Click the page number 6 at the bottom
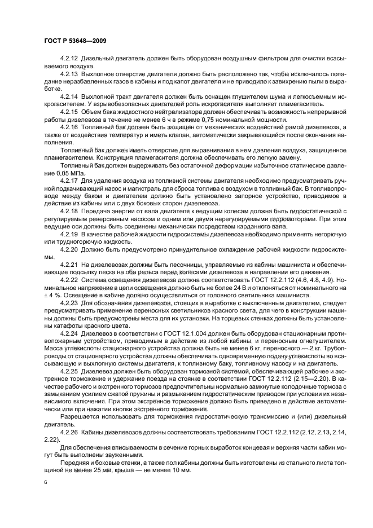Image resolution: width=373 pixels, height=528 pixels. [45, 483]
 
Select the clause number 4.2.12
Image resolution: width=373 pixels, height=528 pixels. [69, 59]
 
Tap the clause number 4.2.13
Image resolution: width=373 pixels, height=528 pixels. [69, 73]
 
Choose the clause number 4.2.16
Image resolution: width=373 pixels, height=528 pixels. [69, 127]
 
